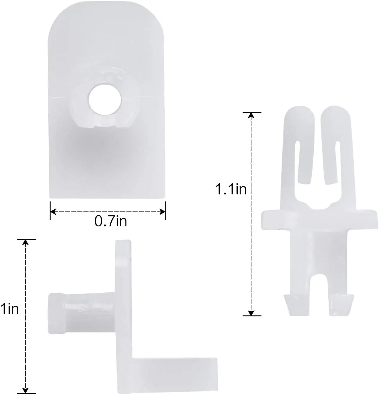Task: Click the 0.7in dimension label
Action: coord(111,221)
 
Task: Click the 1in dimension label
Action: coord(9,309)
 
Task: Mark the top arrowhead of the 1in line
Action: coord(26,242)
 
